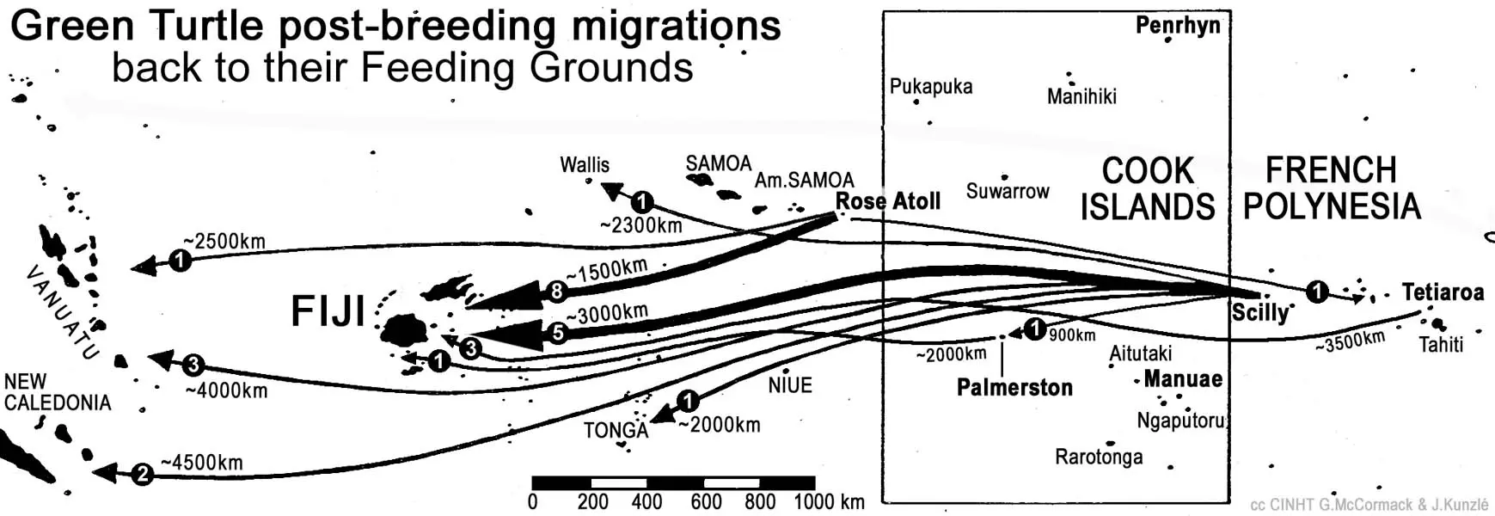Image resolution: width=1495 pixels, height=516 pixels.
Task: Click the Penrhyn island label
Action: pos(1177,25)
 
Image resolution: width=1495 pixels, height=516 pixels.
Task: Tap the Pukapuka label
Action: pos(931,87)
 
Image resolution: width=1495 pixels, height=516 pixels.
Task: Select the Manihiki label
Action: pos(1081,96)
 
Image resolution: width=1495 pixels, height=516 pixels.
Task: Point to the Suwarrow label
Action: pos(1008,191)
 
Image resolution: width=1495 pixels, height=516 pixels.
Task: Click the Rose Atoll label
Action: pos(888,201)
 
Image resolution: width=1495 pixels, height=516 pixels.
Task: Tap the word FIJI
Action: pos(328,311)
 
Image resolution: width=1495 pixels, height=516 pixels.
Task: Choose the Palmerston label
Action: pos(1014,387)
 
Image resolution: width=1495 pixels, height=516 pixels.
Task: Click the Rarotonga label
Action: pos(1099,456)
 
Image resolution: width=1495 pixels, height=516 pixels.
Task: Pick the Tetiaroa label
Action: pos(1443,292)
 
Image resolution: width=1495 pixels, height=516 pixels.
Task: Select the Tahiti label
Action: pos(1441,345)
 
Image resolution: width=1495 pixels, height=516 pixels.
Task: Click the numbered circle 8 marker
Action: pos(557,292)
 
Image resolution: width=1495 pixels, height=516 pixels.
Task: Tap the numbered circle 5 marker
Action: pos(558,332)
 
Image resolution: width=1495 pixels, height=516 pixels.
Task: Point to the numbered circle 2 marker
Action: pos(143,473)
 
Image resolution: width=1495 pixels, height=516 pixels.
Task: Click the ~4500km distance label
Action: pos(202,463)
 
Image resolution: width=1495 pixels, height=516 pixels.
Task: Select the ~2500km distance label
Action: pos(224,242)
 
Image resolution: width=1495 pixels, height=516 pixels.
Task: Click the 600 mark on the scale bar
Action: pos(706,501)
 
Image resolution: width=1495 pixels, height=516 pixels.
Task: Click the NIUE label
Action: pos(790,385)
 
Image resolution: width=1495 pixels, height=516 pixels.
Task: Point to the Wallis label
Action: pos(585,164)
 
